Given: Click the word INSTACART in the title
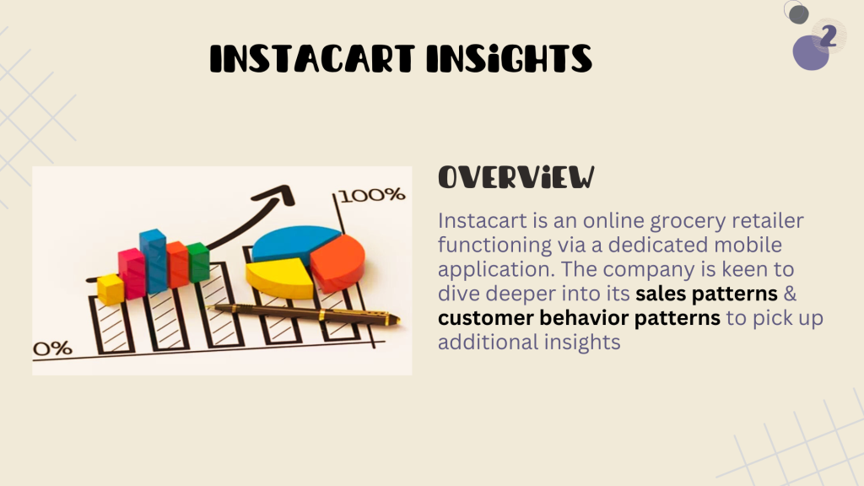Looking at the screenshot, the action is (x=312, y=58).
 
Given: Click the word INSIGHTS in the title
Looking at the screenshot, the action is (x=510, y=58).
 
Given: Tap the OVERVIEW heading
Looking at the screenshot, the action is (x=516, y=177).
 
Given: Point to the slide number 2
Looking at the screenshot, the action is (x=829, y=35).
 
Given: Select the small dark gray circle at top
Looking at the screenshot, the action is (x=798, y=14).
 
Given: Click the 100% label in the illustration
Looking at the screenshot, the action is (x=372, y=195).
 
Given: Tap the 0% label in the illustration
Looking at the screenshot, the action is (x=52, y=348).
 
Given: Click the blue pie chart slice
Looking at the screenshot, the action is (x=294, y=242).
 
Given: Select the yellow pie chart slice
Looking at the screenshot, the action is (x=280, y=278).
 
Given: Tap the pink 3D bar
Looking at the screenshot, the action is (x=132, y=274).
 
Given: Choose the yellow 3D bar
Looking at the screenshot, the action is (x=111, y=289).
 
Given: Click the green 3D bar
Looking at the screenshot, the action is (x=198, y=262).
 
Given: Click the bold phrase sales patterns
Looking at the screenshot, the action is (x=706, y=294).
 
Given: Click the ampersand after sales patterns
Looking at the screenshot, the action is (x=790, y=294).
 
